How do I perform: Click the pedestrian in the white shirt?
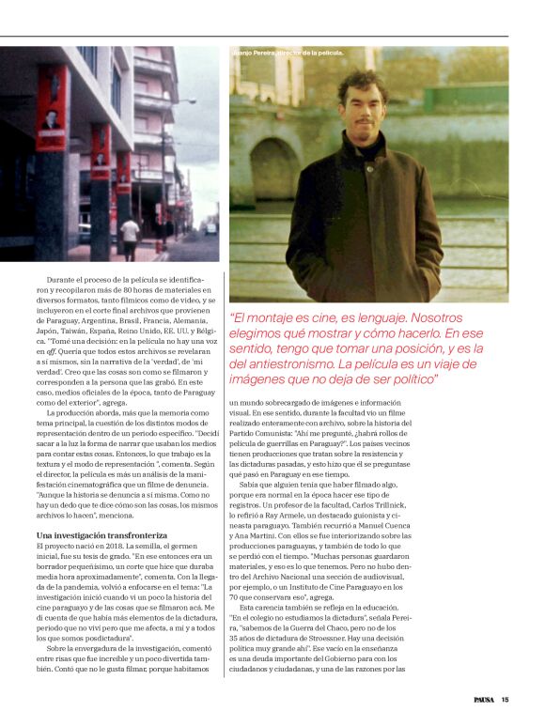(130, 236)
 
